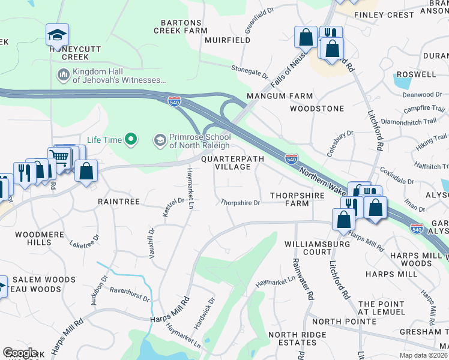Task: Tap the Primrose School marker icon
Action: point(160,140)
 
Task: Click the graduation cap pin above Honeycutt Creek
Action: point(57,35)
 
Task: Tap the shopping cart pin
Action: point(59,158)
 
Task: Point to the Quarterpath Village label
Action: point(226,163)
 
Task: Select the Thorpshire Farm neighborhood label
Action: point(297,199)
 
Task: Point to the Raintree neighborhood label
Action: point(119,202)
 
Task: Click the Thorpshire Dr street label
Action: point(240,203)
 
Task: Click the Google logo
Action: point(20,353)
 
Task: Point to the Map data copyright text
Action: point(424,355)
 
